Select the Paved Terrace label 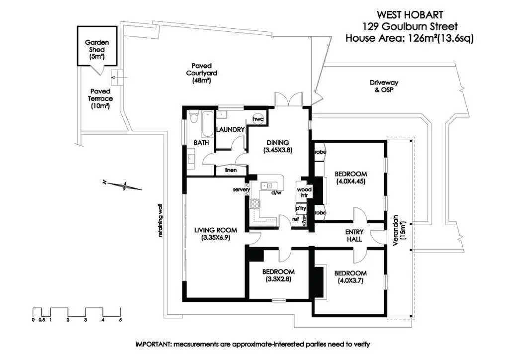pos(101,98)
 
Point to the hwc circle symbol pos(258,120)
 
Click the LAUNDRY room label pos(231,130)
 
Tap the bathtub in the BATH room pos(205,124)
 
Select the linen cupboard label pos(231,171)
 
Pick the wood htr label pos(303,192)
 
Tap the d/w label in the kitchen pos(276,193)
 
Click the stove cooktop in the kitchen pos(255,203)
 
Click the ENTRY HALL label pos(355,236)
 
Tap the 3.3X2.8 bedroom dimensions pos(278,279)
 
